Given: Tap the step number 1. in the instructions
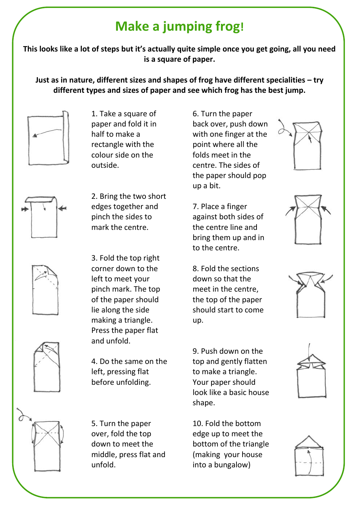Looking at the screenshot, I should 94,114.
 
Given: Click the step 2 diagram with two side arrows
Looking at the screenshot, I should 44,217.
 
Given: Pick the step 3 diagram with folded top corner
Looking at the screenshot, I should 45,290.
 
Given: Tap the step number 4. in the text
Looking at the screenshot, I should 94,362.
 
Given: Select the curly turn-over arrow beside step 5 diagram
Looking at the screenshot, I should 24,415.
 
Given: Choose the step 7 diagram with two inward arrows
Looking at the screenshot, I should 308,220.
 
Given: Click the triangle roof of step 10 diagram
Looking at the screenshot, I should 309,442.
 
